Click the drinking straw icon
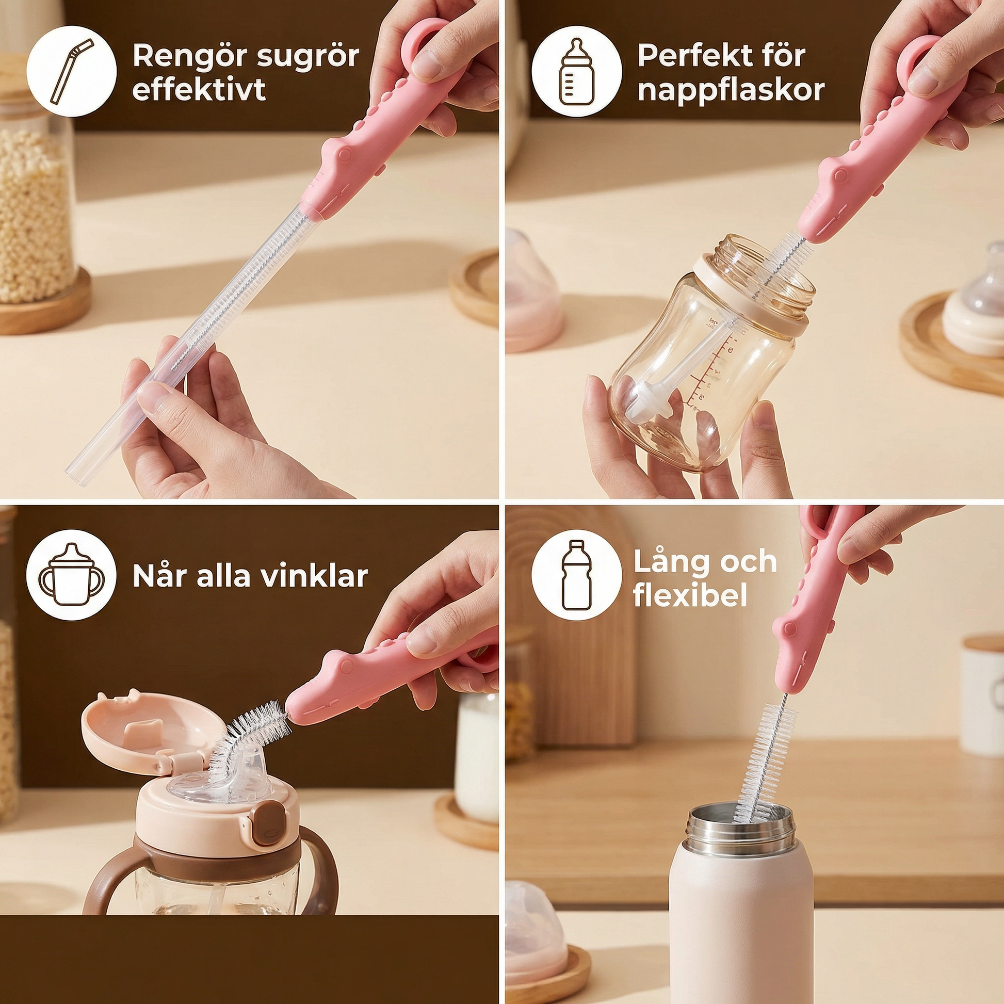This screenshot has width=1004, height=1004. (x=71, y=72)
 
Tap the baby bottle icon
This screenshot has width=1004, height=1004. (x=576, y=72)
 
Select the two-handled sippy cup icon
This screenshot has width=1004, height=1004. (x=72, y=576)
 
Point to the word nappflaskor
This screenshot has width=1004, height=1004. (x=731, y=90)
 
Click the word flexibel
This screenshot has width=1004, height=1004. (x=690, y=595)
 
